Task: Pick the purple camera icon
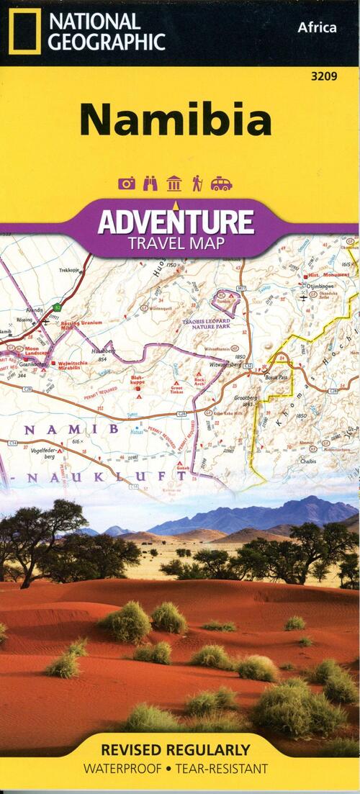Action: (127, 184)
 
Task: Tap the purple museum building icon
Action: (174, 184)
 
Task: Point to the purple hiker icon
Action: (197, 184)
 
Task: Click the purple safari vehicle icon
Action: (221, 184)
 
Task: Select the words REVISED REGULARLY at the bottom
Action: (176, 750)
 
